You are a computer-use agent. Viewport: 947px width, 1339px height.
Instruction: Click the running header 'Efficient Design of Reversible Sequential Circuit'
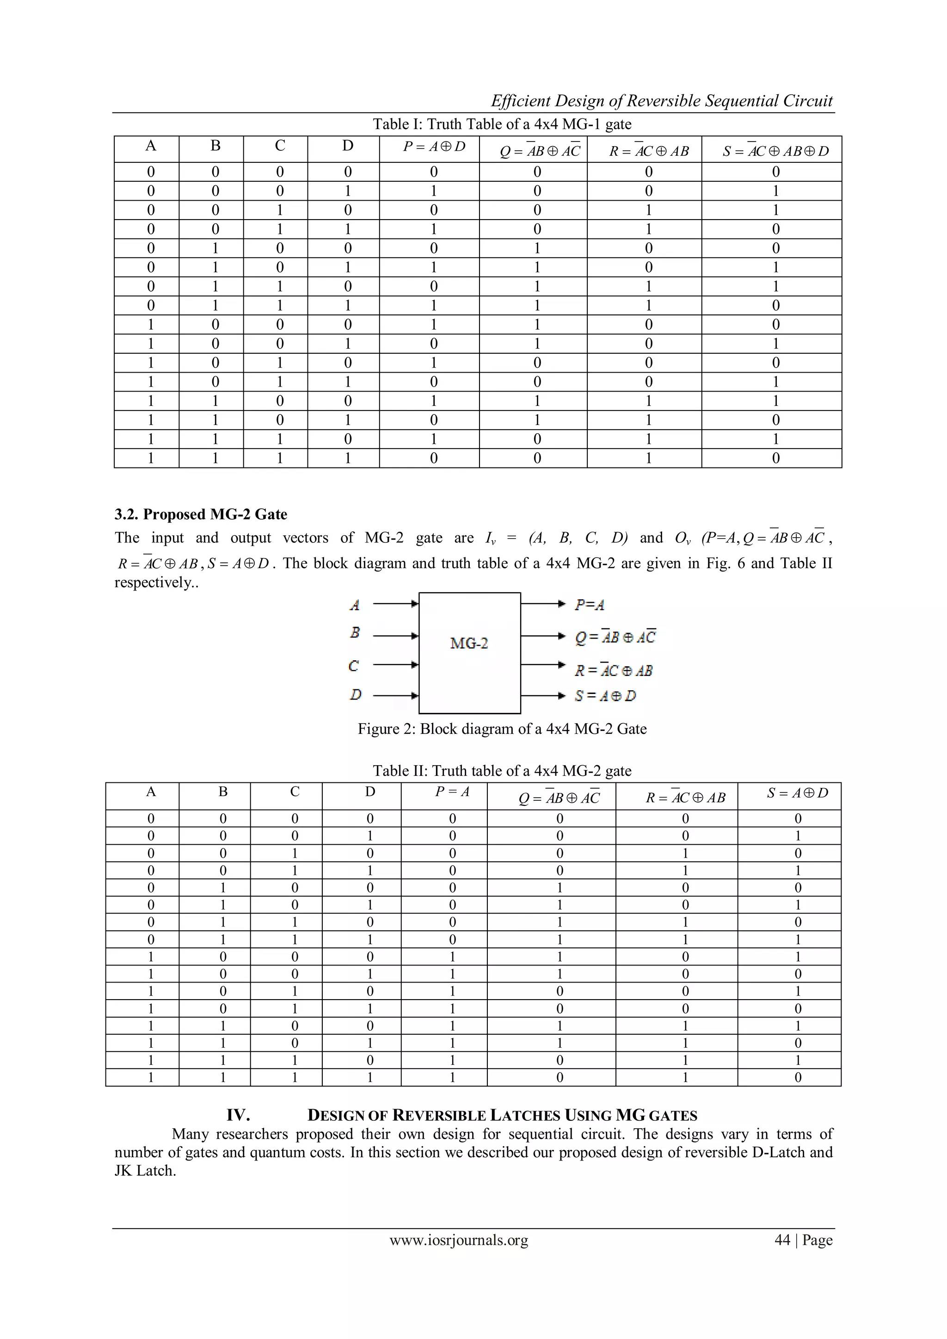pos(661,101)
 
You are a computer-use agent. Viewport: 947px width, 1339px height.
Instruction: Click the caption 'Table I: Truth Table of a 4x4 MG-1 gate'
pos(502,124)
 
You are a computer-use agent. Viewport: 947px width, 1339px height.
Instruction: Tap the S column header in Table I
pos(775,151)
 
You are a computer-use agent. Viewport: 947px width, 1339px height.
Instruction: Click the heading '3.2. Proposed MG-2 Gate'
pos(201,514)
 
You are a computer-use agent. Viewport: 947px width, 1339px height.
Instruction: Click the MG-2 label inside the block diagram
pos(469,643)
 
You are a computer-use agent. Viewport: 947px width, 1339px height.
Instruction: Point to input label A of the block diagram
pos(354,605)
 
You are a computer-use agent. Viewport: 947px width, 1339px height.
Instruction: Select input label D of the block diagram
pos(355,694)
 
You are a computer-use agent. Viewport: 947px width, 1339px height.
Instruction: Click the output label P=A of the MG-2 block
pos(589,605)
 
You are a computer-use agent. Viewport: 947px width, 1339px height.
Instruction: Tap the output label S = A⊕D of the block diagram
pos(605,696)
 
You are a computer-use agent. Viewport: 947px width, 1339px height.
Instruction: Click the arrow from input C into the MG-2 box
pos(395,664)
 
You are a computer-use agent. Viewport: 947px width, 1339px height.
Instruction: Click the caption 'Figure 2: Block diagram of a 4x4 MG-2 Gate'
pos(502,729)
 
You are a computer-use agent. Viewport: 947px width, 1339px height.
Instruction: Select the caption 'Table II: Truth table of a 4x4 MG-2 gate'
pos(502,771)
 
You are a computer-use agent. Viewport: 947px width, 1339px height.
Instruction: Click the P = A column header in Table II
pos(452,792)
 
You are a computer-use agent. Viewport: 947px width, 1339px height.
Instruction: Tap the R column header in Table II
pos(685,797)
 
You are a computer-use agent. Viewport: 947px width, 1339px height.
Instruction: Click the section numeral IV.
pos(238,1115)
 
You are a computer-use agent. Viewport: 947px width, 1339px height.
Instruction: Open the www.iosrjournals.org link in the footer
pos(458,1240)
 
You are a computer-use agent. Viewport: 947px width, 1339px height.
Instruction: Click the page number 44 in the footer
pos(782,1240)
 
